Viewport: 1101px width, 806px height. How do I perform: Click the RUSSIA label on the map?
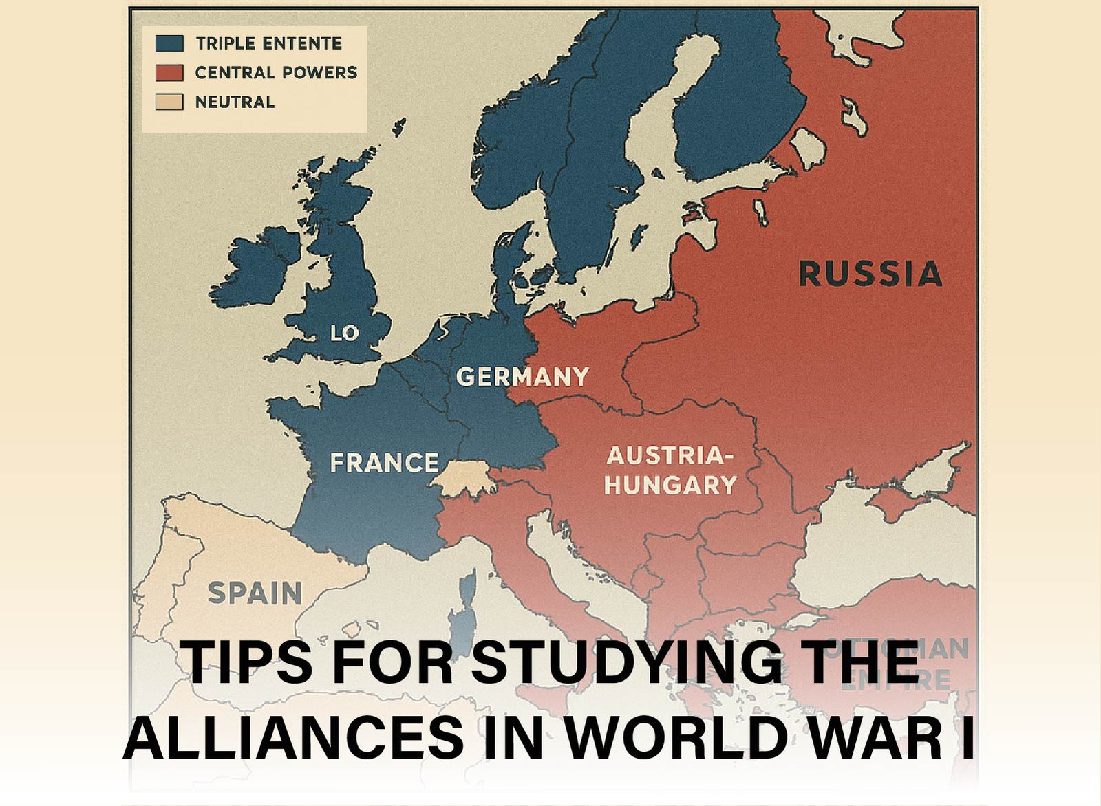[x=870, y=274]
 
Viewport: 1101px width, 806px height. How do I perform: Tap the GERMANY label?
[x=522, y=377]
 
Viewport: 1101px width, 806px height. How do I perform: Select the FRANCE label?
[x=384, y=463]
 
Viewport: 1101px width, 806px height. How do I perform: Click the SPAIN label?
[x=255, y=593]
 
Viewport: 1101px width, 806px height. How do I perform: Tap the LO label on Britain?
[x=344, y=334]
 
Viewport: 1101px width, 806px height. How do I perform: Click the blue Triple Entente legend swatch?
[x=169, y=43]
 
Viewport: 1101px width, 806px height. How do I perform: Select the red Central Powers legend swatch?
[x=169, y=72]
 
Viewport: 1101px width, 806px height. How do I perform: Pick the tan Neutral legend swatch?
[x=169, y=102]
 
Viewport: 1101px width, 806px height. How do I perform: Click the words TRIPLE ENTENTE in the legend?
[x=268, y=43]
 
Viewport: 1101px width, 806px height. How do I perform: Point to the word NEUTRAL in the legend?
[x=235, y=102]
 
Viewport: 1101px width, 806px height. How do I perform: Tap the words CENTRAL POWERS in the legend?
[x=276, y=72]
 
